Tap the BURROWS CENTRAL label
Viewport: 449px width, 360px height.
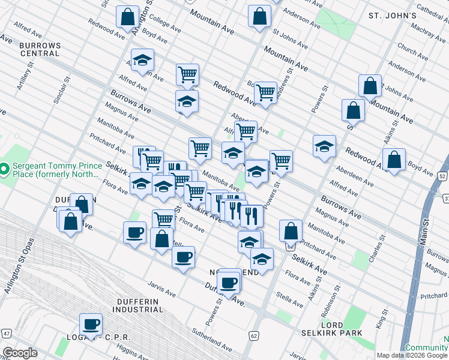40,49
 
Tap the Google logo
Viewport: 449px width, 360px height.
20,353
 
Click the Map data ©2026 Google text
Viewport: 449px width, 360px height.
412,355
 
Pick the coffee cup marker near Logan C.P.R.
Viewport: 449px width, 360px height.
91,325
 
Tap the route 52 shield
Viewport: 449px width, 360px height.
442,176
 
